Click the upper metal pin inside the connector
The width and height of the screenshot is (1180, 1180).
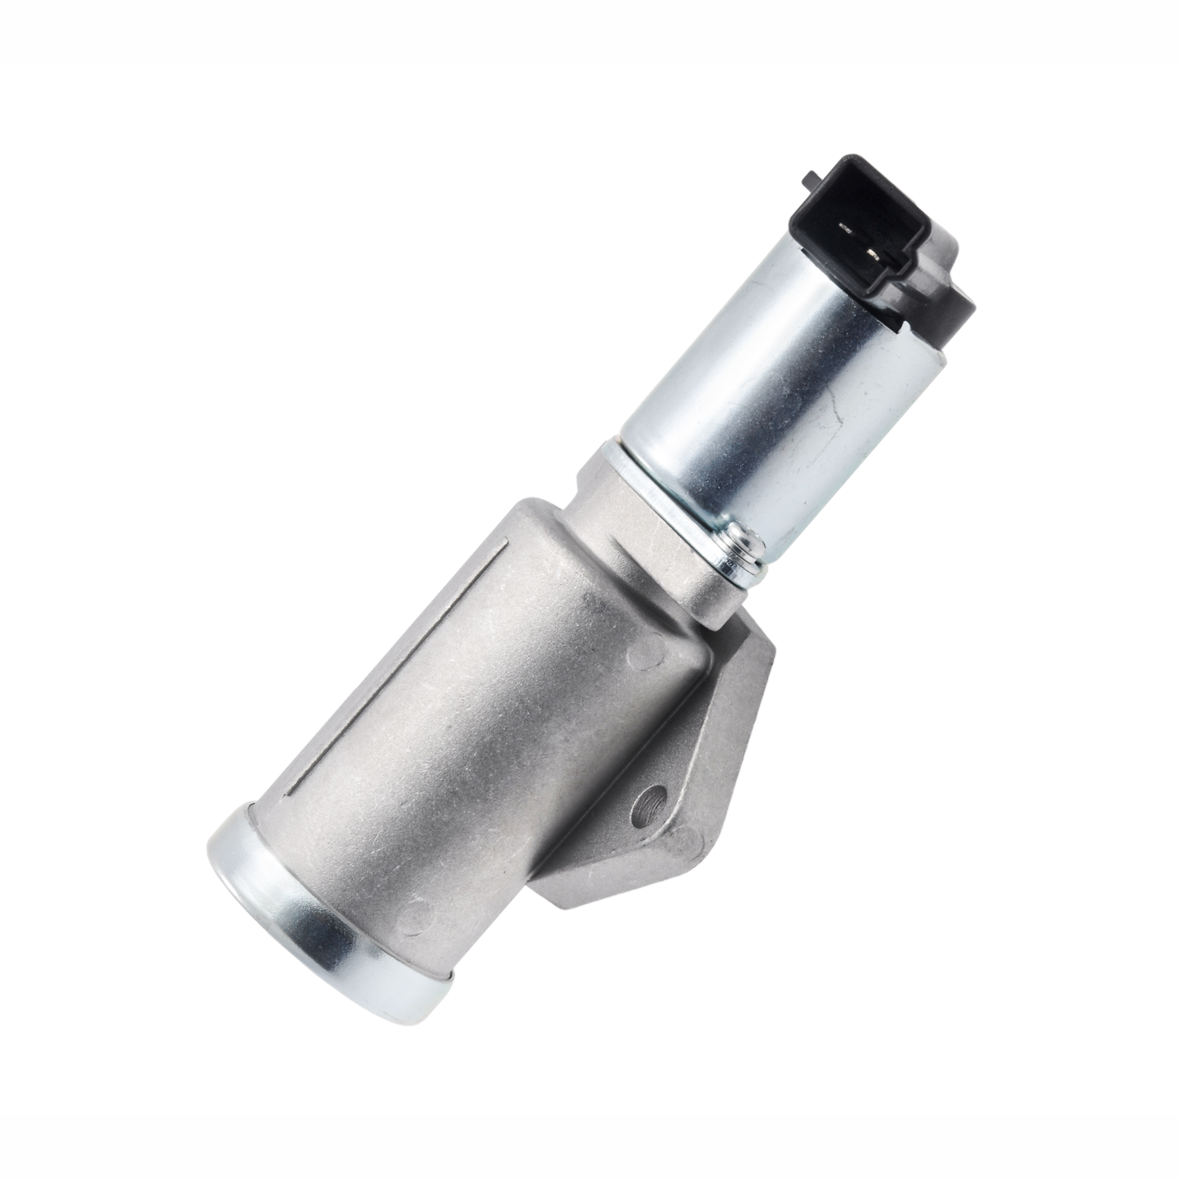847,230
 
